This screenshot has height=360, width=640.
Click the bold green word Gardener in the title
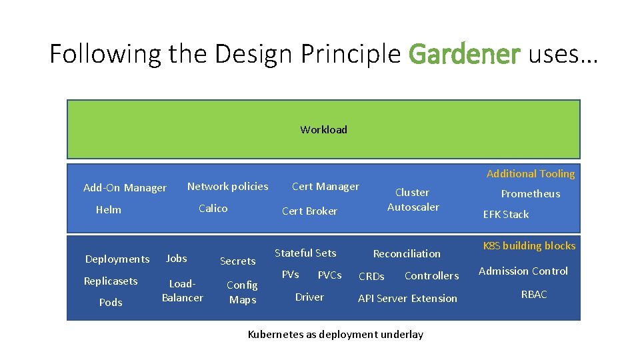click(x=464, y=53)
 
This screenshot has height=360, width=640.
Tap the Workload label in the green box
click(x=323, y=129)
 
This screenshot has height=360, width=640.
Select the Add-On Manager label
click(x=125, y=188)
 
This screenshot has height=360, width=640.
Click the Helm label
click(x=109, y=209)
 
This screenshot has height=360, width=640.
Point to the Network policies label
click(x=227, y=187)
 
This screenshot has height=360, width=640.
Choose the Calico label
click(x=213, y=208)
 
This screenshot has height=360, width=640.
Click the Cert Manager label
click(x=325, y=187)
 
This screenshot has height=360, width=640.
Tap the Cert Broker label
click(x=309, y=211)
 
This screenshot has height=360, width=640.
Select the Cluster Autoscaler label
click(x=413, y=199)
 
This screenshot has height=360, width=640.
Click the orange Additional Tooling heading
click(x=530, y=173)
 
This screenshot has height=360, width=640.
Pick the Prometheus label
click(x=530, y=194)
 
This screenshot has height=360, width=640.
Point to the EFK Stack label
click(x=505, y=214)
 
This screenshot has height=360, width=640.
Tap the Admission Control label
click(x=523, y=271)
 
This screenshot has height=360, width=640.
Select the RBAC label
click(x=534, y=294)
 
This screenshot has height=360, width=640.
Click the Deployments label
click(x=117, y=259)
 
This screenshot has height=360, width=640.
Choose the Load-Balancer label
click(x=182, y=291)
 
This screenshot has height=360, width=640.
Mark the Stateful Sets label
click(x=305, y=253)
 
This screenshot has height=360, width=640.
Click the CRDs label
click(x=371, y=276)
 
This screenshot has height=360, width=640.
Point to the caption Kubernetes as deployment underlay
click(x=335, y=334)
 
